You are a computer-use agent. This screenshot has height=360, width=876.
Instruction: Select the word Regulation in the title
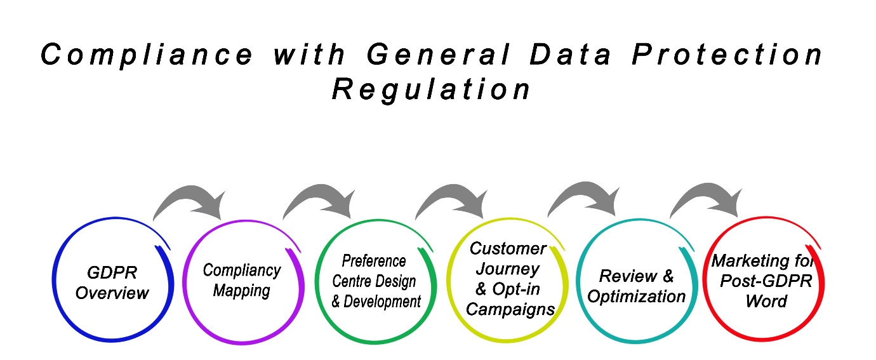tap(431, 90)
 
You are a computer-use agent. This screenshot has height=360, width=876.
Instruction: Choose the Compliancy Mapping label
tap(241, 280)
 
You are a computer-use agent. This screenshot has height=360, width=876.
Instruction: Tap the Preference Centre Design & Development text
tap(375, 281)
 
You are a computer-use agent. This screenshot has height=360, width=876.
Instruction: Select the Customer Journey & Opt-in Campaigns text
tap(507, 279)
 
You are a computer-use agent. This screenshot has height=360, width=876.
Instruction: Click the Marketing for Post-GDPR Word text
tap(765, 281)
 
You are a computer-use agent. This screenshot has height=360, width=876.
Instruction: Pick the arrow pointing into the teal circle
tap(585, 197)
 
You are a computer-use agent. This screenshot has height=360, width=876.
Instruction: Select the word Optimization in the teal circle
tap(637, 296)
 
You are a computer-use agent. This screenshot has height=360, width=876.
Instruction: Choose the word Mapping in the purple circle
tap(241, 290)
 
